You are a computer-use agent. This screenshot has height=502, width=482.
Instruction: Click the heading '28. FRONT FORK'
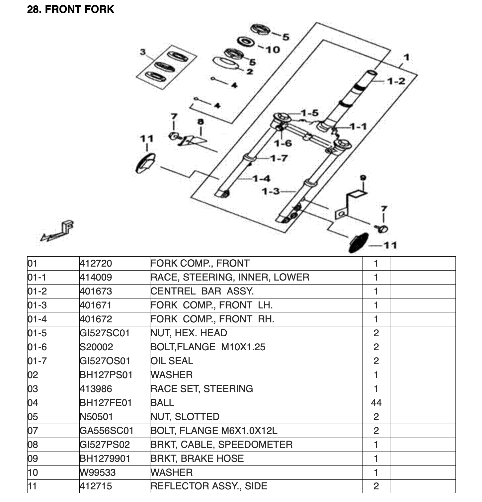point(70,9)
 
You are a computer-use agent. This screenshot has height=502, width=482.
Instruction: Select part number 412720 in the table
point(96,264)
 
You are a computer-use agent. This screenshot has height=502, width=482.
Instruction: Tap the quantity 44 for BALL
point(376,403)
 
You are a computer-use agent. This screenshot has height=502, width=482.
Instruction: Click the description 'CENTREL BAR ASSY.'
point(202,292)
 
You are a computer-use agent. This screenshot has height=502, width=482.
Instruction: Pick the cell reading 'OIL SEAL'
point(172,361)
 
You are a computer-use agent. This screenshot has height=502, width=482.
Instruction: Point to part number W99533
point(96,473)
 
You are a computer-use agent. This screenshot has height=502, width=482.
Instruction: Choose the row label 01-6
point(37,347)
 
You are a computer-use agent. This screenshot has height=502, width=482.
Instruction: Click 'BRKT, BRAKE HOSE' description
point(197,459)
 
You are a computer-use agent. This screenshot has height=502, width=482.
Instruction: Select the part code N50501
point(96,417)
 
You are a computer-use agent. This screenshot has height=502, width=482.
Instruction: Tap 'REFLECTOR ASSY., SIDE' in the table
point(208,487)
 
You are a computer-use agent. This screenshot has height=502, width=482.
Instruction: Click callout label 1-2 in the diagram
point(396,81)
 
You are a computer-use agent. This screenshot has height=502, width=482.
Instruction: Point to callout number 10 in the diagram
point(273,50)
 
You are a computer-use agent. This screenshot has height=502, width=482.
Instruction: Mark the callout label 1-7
point(279,158)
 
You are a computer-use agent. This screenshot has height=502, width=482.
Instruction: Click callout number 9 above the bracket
point(363,178)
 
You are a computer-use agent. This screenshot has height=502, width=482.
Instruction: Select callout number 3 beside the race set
point(143,52)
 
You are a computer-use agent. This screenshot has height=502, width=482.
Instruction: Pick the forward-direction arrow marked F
point(58,231)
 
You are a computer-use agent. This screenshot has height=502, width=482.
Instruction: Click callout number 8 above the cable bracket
point(201,122)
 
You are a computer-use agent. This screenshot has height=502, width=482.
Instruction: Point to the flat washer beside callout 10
point(246,42)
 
